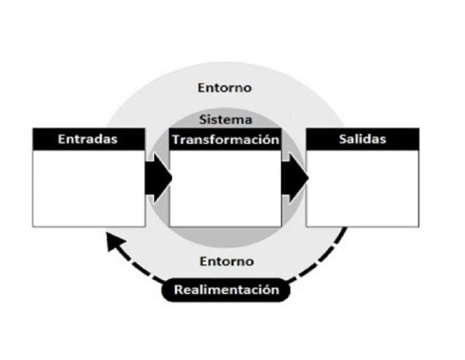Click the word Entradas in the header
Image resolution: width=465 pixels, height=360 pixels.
pyautogui.click(x=88, y=139)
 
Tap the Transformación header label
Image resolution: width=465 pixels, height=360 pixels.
pyautogui.click(x=225, y=140)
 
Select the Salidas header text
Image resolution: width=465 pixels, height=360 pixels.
pyautogui.click(x=363, y=139)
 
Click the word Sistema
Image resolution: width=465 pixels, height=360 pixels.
pyautogui.click(x=225, y=119)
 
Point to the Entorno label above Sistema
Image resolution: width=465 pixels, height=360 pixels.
pyautogui.click(x=225, y=88)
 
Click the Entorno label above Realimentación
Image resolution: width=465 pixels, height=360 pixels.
pyautogui.click(x=226, y=262)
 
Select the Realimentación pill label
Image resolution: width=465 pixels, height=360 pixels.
pyautogui.click(x=226, y=290)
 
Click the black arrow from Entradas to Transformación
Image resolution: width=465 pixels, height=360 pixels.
pyautogui.click(x=158, y=177)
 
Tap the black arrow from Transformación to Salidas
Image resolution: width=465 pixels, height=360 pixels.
pyautogui.click(x=295, y=177)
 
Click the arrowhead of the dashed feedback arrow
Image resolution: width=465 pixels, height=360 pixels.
pyautogui.click(x=113, y=241)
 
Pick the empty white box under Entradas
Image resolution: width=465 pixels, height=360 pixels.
pyautogui.click(x=88, y=188)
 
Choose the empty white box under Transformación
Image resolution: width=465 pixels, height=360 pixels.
pyautogui.click(x=225, y=188)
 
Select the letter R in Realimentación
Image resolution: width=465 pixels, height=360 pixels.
pyautogui.click(x=179, y=290)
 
